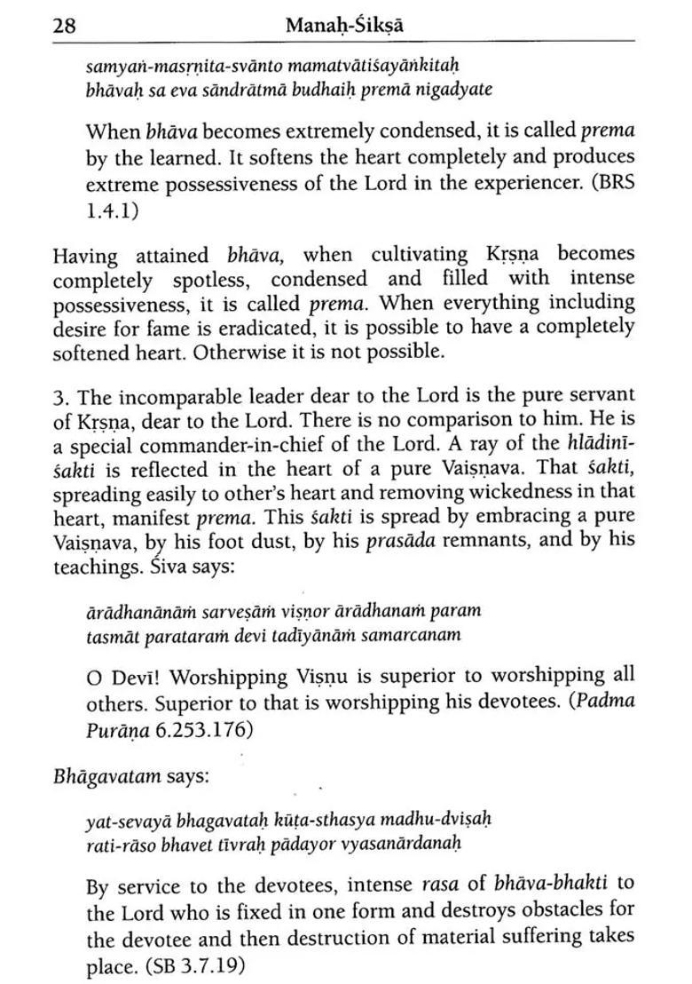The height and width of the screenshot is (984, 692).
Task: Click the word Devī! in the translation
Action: click(x=135, y=678)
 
